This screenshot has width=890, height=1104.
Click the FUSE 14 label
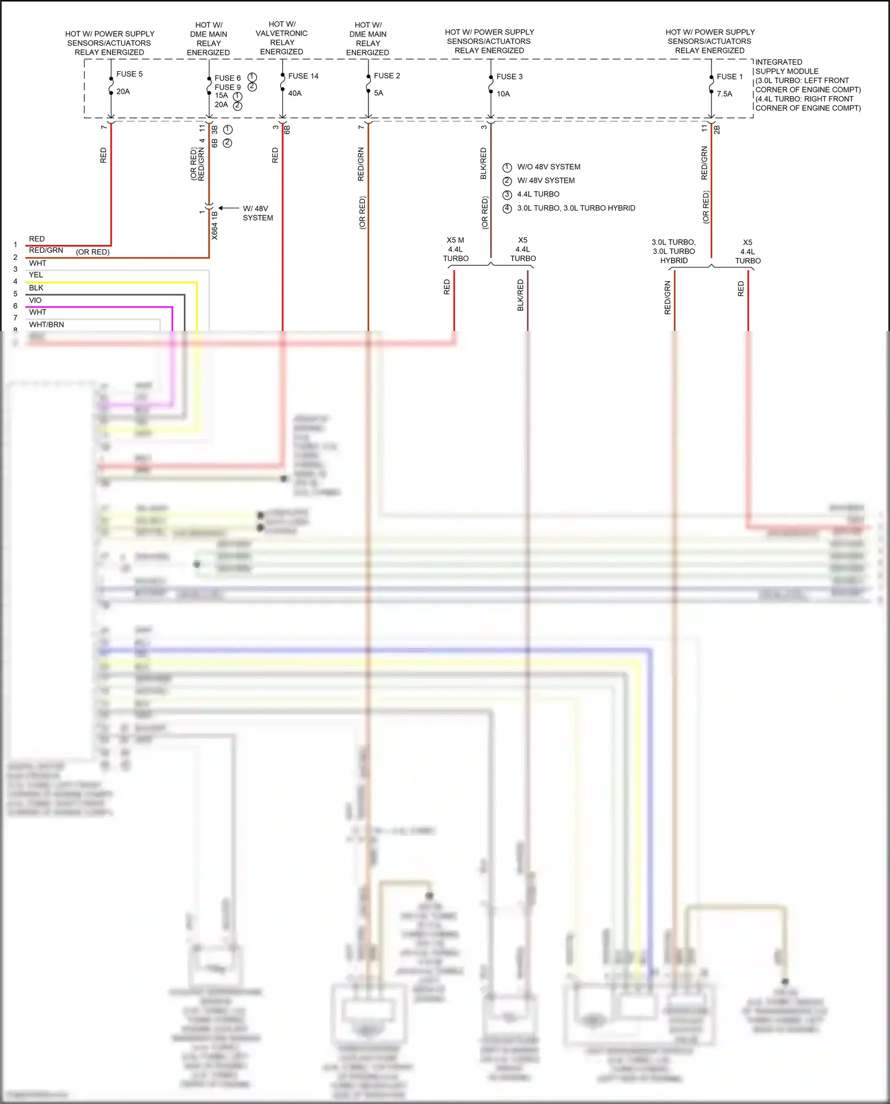pyautogui.click(x=303, y=76)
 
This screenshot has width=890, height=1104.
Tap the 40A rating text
pyautogui.click(x=295, y=93)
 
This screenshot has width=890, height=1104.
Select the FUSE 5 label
pyautogui.click(x=129, y=74)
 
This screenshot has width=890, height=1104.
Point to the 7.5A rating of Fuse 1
pyautogui.click(x=724, y=94)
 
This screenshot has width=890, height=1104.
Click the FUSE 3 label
pyautogui.click(x=509, y=77)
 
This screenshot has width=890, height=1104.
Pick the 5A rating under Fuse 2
pyautogui.click(x=379, y=93)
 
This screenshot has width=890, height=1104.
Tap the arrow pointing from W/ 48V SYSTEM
pyautogui.click(x=228, y=208)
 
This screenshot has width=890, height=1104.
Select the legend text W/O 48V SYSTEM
pyautogui.click(x=548, y=167)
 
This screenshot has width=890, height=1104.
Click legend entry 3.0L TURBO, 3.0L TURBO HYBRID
pyautogui.click(x=576, y=208)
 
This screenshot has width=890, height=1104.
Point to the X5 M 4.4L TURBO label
pyautogui.click(x=456, y=249)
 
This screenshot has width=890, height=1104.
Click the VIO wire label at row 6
pyautogui.click(x=35, y=300)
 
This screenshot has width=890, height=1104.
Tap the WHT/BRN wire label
pyautogui.click(x=46, y=324)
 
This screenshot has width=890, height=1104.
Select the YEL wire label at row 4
pyautogui.click(x=36, y=275)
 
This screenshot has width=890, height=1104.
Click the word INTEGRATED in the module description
pyautogui.click(x=778, y=62)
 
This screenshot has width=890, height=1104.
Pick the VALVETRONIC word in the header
pyautogui.click(x=281, y=33)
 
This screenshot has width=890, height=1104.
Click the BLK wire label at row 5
pyautogui.click(x=36, y=288)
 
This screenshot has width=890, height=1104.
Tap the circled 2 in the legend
pyautogui.click(x=507, y=181)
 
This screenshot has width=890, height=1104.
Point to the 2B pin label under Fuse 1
pyautogui.click(x=717, y=129)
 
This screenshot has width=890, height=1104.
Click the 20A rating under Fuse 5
pyautogui.click(x=123, y=91)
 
